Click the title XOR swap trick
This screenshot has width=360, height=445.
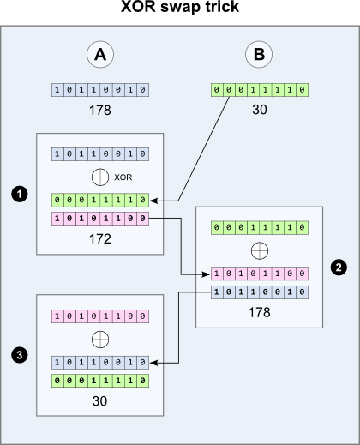[179, 8]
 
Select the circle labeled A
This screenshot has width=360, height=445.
[100, 56]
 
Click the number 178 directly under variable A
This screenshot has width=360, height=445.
[100, 111]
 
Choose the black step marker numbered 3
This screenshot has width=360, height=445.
[18, 353]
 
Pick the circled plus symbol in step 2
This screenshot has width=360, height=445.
[259, 250]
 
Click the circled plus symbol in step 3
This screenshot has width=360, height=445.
[100, 339]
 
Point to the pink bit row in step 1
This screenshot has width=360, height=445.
[100, 219]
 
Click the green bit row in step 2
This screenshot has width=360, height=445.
[259, 228]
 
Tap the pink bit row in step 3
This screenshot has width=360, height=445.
[100, 316]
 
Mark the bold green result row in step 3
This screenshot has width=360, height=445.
[100, 380]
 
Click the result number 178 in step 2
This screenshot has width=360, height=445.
[259, 312]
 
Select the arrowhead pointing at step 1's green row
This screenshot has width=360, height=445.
[155, 200]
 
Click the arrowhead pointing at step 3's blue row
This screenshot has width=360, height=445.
[155, 362]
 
